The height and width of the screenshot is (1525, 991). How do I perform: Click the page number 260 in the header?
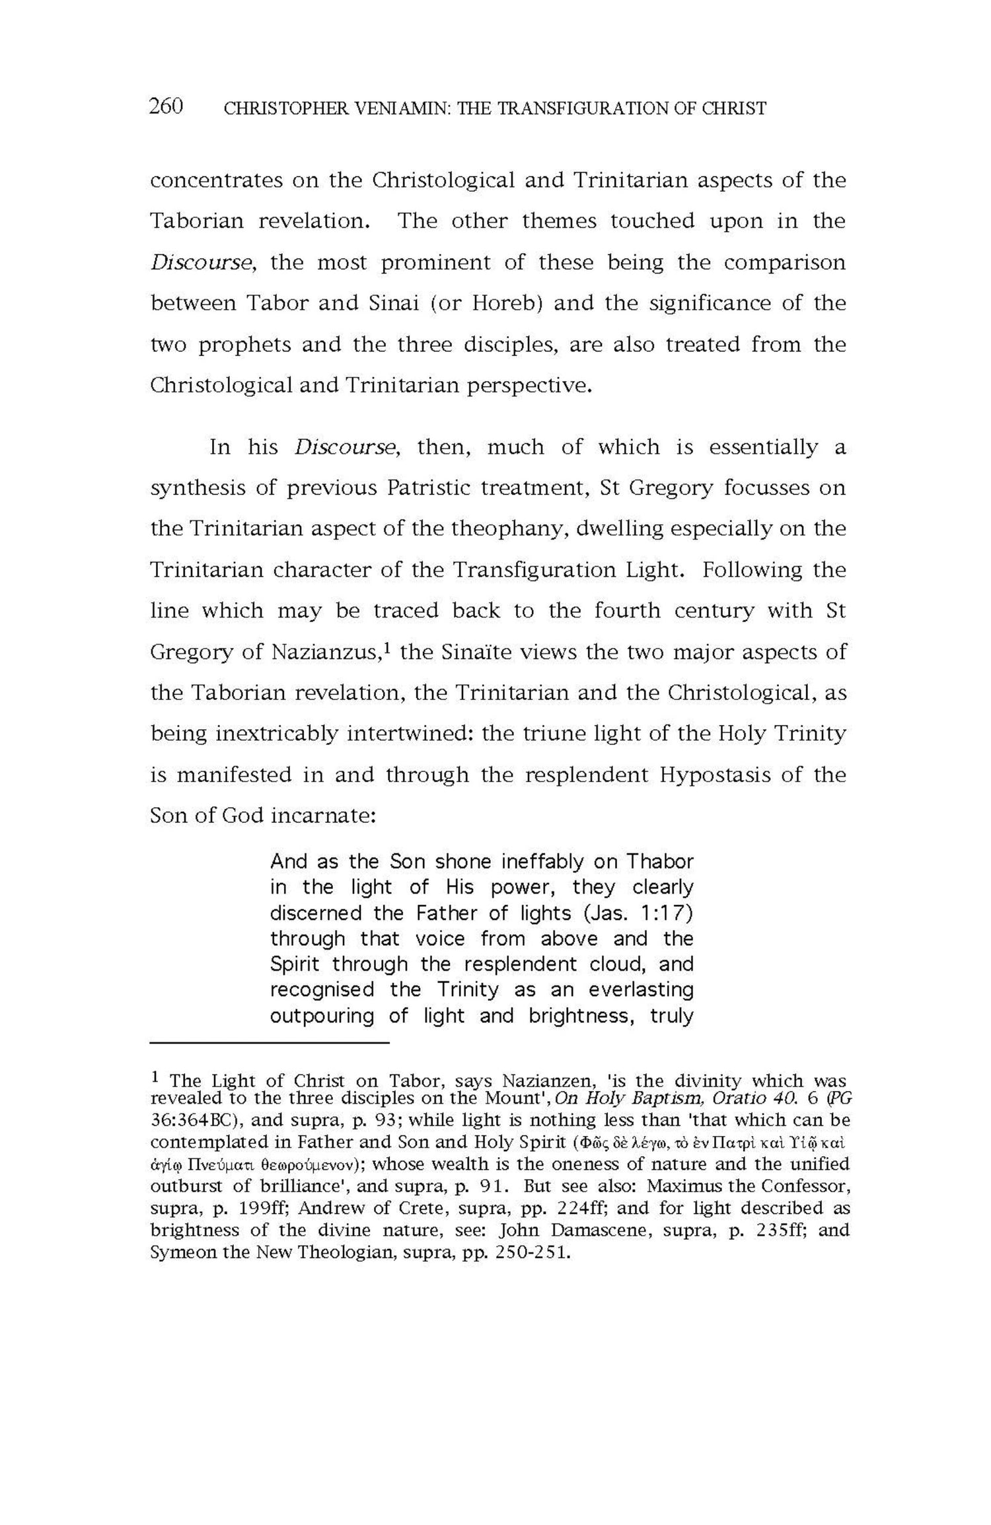tap(166, 106)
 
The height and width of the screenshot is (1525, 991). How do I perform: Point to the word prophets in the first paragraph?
tap(245, 345)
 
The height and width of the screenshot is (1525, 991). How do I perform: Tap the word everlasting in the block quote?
tap(641, 990)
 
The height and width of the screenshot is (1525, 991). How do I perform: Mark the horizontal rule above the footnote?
tap(270, 1043)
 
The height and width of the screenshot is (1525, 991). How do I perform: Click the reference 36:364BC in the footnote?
tap(192, 1121)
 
